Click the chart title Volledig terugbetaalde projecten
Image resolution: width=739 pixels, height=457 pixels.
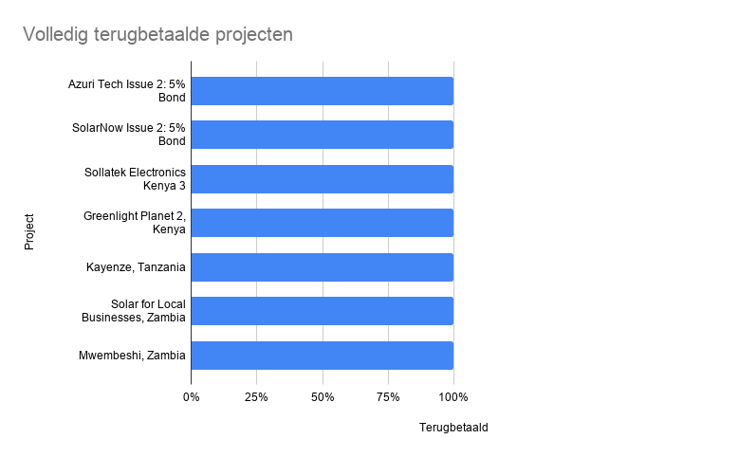pos(157,34)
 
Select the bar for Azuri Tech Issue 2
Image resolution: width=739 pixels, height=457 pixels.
pos(322,91)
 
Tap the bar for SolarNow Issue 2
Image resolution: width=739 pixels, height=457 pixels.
pos(322,135)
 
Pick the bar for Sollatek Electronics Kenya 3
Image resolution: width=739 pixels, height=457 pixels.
pos(322,179)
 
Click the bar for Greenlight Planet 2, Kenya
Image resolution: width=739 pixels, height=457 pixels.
pos(322,223)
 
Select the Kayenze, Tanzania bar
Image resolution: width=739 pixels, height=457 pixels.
pos(322,267)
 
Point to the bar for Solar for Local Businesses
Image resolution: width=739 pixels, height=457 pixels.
pos(322,311)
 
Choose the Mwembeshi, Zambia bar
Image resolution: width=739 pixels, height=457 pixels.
pos(322,356)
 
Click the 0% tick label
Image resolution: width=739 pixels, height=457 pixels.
pos(191,396)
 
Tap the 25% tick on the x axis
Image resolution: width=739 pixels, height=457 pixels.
pos(256,396)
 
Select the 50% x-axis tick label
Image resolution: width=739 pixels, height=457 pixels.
pos(323,396)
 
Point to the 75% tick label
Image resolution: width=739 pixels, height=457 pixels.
pos(388,396)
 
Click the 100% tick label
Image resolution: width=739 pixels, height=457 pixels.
pos(453,396)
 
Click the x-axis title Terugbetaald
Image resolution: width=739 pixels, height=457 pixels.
pos(453,428)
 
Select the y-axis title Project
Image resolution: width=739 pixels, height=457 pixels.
pos(29,232)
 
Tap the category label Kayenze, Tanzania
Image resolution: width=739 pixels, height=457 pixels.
pos(136,267)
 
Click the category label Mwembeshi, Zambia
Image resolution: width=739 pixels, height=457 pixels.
pos(132,356)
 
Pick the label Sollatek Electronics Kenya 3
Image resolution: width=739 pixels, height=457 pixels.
pos(135,179)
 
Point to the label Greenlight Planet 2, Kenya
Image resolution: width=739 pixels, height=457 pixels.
pos(135,223)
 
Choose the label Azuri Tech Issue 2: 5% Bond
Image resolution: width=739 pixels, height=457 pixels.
pos(127,91)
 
